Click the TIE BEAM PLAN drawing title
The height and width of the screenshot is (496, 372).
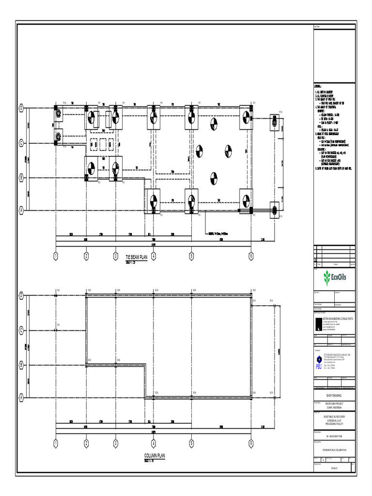(136, 258)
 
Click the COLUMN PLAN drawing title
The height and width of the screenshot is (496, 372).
(155, 456)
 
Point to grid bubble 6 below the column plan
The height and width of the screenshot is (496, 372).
(251, 444)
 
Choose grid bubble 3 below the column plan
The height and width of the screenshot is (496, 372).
(115, 444)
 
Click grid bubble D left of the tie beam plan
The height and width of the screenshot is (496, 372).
(21, 108)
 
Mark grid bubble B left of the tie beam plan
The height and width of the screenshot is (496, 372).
(21, 178)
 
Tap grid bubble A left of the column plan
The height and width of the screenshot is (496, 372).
(21, 397)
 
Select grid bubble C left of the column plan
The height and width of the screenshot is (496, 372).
(21, 329)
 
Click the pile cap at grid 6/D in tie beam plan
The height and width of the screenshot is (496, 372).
(246, 118)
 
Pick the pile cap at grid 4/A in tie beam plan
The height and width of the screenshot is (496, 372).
(153, 201)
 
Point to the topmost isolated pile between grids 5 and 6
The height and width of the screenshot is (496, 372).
(213, 124)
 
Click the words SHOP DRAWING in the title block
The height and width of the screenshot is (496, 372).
(334, 396)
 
